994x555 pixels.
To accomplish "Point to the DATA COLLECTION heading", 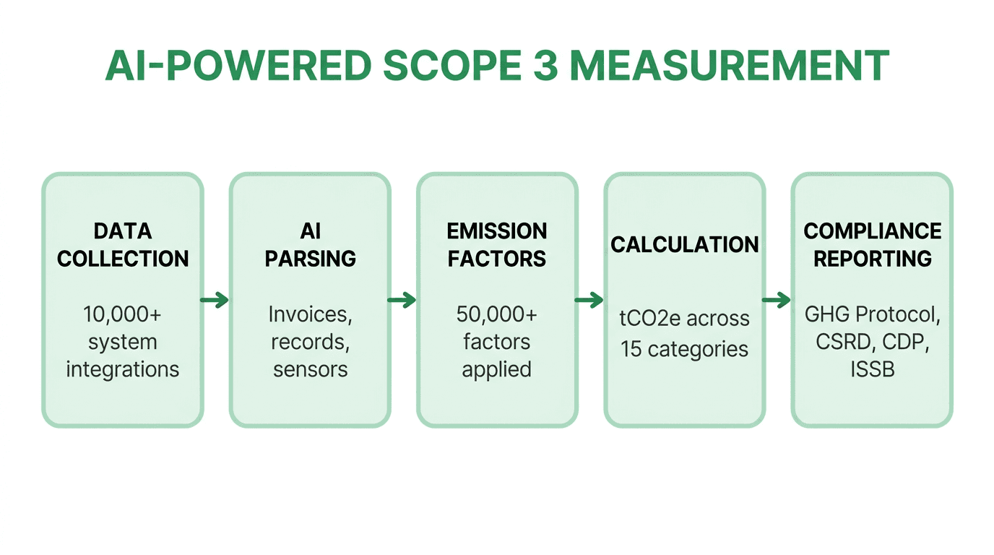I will click(x=123, y=245).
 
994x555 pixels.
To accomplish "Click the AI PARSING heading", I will click(x=310, y=245).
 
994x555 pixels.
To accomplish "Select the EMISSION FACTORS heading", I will click(x=497, y=245).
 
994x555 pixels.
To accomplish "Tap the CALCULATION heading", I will click(x=684, y=244).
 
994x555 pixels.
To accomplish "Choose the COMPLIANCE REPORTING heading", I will click(x=872, y=245).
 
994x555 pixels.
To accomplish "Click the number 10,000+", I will click(x=122, y=314).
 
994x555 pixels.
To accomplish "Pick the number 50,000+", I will click(x=496, y=314).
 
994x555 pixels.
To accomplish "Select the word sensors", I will click(x=310, y=369).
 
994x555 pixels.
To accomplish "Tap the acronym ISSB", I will click(x=872, y=369).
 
